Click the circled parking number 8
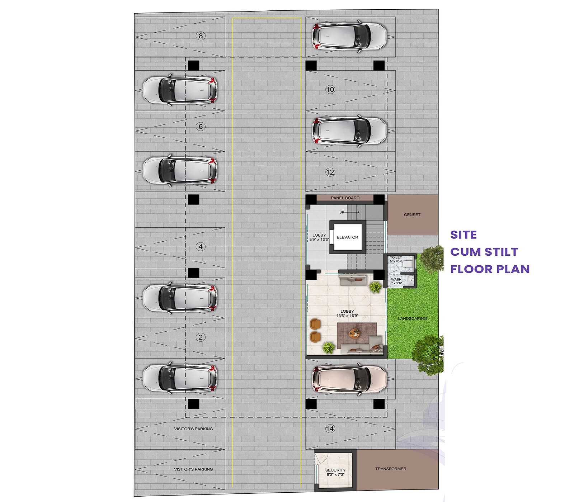click(x=201, y=36)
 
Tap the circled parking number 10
click(x=330, y=90)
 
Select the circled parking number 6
click(x=201, y=127)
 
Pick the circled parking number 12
click(x=330, y=172)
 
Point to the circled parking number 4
click(x=201, y=247)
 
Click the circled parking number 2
click(x=201, y=337)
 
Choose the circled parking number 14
click(x=330, y=428)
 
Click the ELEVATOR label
click(x=347, y=237)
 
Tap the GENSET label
click(x=412, y=215)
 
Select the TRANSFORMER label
click(x=391, y=469)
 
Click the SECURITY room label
click(x=335, y=470)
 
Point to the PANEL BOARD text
click(x=345, y=198)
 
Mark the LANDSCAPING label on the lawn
click(x=413, y=318)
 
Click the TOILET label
click(x=396, y=257)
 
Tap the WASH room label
click(x=396, y=280)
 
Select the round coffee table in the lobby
click(x=354, y=333)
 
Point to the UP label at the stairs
click(x=342, y=213)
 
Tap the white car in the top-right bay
click(x=349, y=36)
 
